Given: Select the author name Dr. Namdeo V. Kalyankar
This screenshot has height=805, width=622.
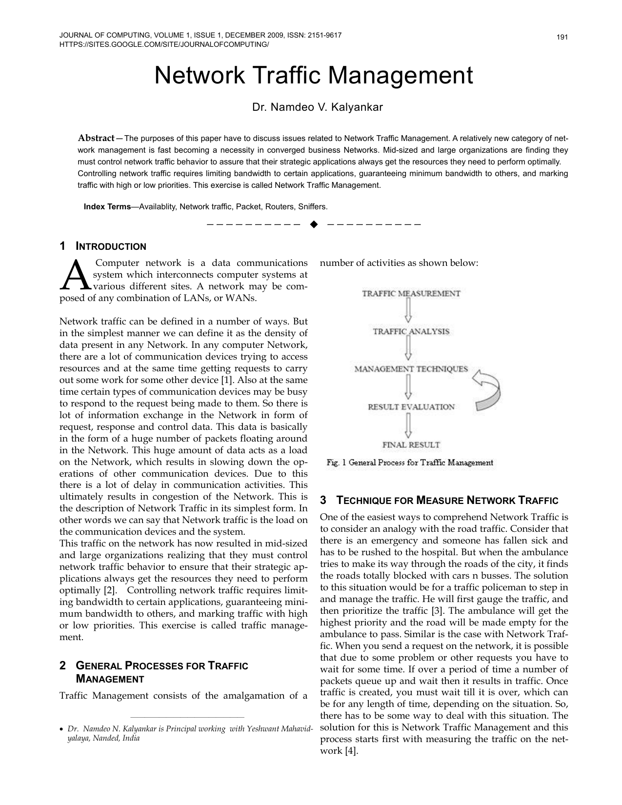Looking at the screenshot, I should (317, 107).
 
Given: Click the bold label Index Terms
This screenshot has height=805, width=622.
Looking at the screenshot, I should (107, 207).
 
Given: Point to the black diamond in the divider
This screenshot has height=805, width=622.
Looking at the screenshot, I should (314, 224).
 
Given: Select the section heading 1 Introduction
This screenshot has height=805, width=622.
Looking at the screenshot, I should (102, 246).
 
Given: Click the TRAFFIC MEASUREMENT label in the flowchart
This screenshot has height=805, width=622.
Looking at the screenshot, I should (411, 294).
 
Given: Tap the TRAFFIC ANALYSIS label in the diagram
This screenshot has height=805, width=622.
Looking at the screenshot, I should (411, 332).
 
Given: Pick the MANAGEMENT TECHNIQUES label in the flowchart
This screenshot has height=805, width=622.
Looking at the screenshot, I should (411, 369).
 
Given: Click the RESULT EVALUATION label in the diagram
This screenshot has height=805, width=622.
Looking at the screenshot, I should (411, 407).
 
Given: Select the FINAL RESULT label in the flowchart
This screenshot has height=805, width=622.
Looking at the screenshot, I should (411, 444).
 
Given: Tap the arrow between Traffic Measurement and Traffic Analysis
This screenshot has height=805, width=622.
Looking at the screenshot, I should (409, 310).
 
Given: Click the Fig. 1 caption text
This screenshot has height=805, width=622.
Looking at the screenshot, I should (410, 463).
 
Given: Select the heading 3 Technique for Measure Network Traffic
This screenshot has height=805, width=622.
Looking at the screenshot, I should (439, 501).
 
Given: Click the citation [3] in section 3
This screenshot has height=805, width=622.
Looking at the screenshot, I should (437, 611).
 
